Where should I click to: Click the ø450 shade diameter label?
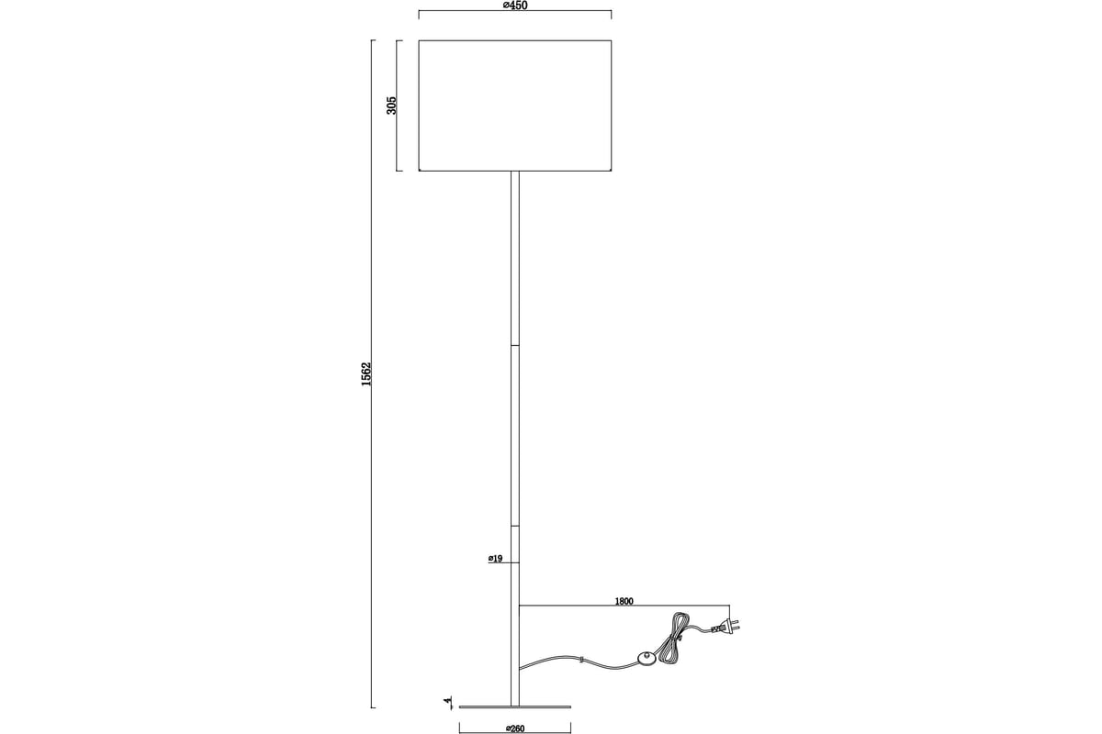pyautogui.click(x=515, y=6)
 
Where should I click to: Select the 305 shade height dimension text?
pyautogui.click(x=391, y=106)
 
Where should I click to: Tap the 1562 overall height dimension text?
pyautogui.click(x=366, y=373)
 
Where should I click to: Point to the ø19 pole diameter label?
pyautogui.click(x=495, y=559)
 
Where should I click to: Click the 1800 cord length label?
pyautogui.click(x=624, y=601)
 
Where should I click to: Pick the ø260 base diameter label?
pyautogui.click(x=515, y=728)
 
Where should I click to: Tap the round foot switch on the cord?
pyautogui.click(x=646, y=657)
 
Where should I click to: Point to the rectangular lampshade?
pyautogui.click(x=515, y=106)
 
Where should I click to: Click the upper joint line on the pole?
pyautogui.click(x=515, y=346)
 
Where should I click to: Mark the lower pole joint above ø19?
pyautogui.click(x=515, y=527)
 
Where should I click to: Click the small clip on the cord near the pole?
pyautogui.click(x=581, y=660)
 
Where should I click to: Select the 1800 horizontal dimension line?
pyautogui.click(x=624, y=606)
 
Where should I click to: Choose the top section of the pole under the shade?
pyautogui.click(x=515, y=258)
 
